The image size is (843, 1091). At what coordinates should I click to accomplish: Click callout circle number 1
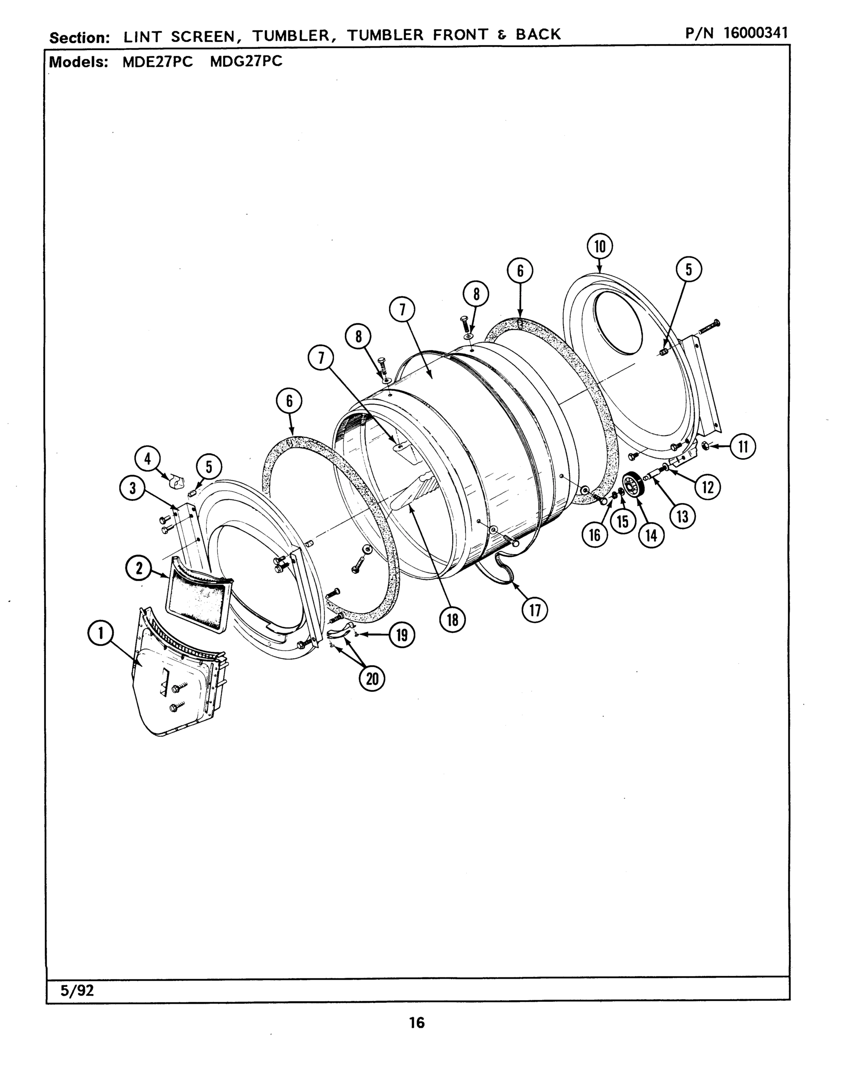[x=101, y=633]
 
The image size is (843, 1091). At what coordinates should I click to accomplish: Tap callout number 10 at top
[x=600, y=247]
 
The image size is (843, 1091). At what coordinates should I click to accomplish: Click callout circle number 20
[x=372, y=679]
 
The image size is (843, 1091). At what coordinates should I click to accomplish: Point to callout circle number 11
[x=743, y=446]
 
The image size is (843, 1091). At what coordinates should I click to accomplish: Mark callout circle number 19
[x=402, y=636]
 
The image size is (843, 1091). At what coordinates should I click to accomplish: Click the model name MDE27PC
[x=158, y=61]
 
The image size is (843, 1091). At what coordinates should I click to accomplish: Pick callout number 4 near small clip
[x=148, y=459]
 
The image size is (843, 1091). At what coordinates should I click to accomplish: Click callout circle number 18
[x=453, y=620]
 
